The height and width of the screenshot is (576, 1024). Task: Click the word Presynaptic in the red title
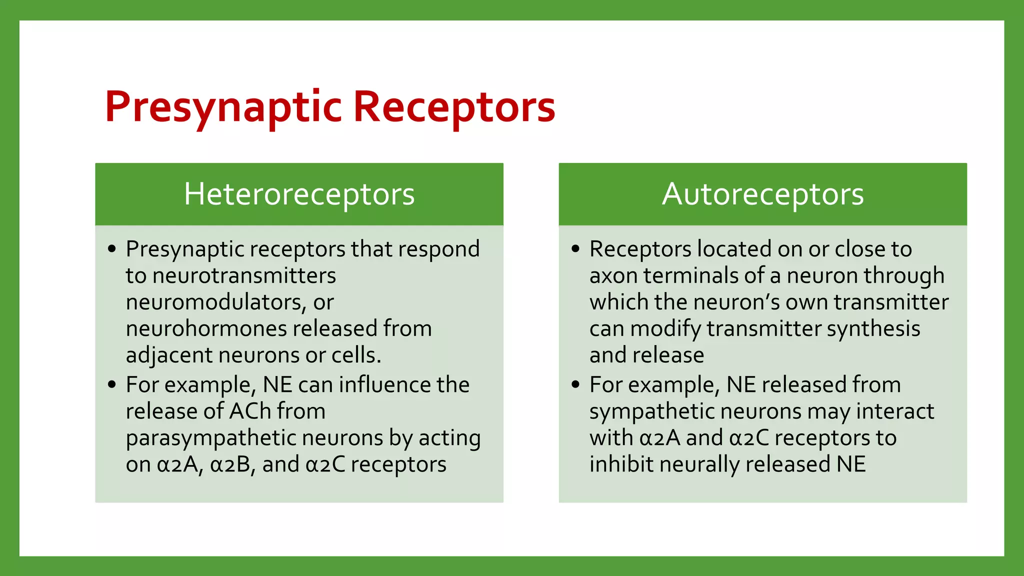tap(223, 107)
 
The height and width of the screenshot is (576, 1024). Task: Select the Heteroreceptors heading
tap(299, 194)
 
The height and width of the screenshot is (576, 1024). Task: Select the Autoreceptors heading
tap(762, 194)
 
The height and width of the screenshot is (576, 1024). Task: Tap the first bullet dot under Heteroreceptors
tap(112, 248)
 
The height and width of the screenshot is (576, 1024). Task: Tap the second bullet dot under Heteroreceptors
tap(112, 384)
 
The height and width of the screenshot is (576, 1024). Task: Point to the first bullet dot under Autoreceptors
tap(575, 248)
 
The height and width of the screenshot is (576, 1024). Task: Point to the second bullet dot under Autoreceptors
tap(575, 384)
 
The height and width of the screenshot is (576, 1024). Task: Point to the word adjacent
tap(168, 355)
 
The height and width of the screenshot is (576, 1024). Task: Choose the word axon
tap(613, 276)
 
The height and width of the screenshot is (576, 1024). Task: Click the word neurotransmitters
tap(244, 276)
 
